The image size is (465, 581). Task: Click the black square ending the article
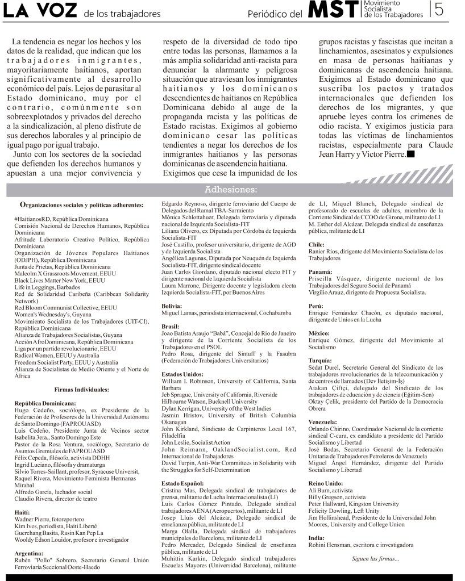click(x=411, y=154)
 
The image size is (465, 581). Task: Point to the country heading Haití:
click(x=23, y=512)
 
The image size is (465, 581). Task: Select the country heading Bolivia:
click(x=172, y=306)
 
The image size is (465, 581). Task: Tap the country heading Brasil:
click(x=171, y=327)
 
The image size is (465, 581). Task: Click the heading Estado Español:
click(x=182, y=483)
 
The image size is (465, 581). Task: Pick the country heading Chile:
click(x=316, y=244)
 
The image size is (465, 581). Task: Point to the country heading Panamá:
click(x=320, y=272)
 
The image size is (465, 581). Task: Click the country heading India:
click(x=316, y=537)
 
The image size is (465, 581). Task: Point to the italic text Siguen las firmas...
click(x=375, y=559)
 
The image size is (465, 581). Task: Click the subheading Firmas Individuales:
click(x=81, y=390)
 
